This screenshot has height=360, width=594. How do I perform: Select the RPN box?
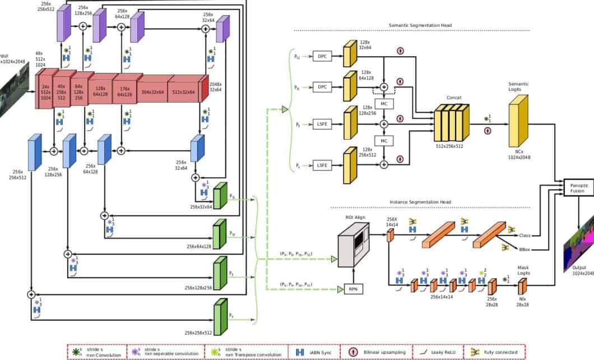pyautogui.click(x=352, y=288)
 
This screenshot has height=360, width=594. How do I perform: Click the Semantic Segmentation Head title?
pyautogui.click(x=420, y=25)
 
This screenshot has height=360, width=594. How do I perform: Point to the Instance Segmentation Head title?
pyautogui.click(x=420, y=202)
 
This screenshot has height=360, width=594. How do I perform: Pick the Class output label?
pyautogui.click(x=525, y=236)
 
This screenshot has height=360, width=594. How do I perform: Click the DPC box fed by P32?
pyautogui.click(x=322, y=56)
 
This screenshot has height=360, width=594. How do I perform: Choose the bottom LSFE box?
pyautogui.click(x=322, y=165)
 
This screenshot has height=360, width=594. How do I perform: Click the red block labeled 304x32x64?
pyautogui.click(x=152, y=92)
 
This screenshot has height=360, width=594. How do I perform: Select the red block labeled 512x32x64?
pyautogui.click(x=184, y=92)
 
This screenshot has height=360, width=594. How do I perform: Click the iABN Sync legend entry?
pyautogui.click(x=314, y=352)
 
